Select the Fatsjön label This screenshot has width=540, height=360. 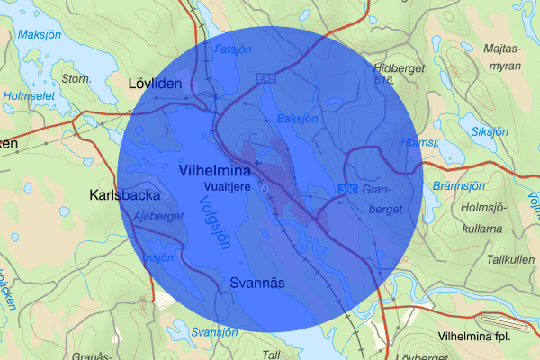pyautogui.click(x=233, y=49)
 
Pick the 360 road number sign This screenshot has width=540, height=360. pyautogui.click(x=347, y=189)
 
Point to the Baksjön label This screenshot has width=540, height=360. pyautogui.click(x=298, y=118)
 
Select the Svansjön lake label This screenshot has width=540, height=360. pyautogui.click(x=212, y=331)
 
